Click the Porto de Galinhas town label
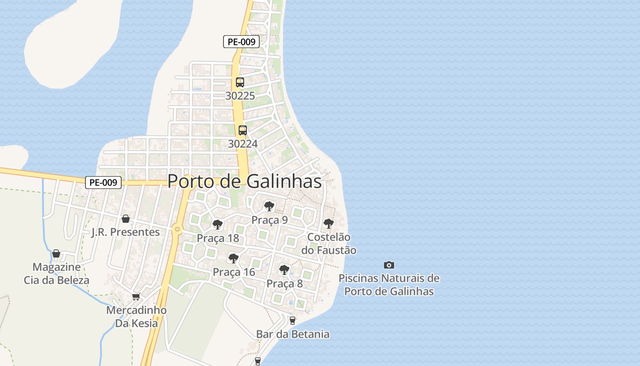click(x=245, y=181)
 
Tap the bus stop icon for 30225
click(x=240, y=82)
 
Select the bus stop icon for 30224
click(x=243, y=130)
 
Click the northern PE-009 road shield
click(x=241, y=42)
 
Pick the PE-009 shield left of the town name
click(x=103, y=182)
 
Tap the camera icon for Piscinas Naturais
click(x=389, y=265)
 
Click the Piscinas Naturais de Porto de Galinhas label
click(x=389, y=285)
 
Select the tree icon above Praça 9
click(x=269, y=206)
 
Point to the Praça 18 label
click(x=218, y=238)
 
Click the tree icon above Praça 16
click(x=234, y=258)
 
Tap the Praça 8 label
click(x=284, y=284)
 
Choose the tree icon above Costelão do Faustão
click(x=328, y=224)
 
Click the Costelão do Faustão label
click(x=329, y=243)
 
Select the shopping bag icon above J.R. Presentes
click(x=125, y=219)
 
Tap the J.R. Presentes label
click(x=126, y=232)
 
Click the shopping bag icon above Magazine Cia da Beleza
click(x=56, y=253)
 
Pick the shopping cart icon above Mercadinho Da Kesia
click(x=136, y=297)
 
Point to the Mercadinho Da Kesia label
click(x=136, y=317)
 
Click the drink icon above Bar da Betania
click(x=293, y=320)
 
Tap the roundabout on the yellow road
click(x=177, y=229)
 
